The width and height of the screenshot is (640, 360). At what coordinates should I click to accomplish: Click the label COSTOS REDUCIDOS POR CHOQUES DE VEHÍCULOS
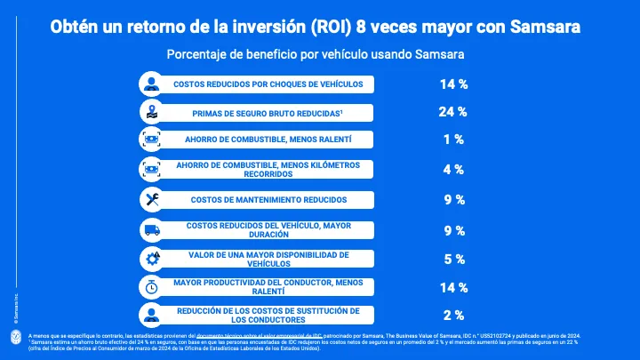pyautogui.click(x=268, y=84)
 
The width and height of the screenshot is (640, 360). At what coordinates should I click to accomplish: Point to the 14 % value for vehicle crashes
pyautogui.click(x=453, y=84)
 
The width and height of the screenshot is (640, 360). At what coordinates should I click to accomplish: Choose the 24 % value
pyautogui.click(x=453, y=112)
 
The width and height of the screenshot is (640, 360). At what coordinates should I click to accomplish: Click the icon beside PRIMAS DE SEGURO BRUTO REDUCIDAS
pyautogui.click(x=152, y=112)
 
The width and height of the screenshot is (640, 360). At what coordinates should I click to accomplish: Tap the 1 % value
pyautogui.click(x=453, y=140)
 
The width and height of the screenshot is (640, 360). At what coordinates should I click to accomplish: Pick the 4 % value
pyautogui.click(x=453, y=170)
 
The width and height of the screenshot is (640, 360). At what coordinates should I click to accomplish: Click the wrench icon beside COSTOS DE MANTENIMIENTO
pyautogui.click(x=152, y=199)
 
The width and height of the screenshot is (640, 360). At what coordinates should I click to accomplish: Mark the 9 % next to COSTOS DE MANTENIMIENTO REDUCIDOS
pyautogui.click(x=453, y=200)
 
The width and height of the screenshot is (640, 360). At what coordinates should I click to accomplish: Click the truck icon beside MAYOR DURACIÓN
pyautogui.click(x=152, y=230)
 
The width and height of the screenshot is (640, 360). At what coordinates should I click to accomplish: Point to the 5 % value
pyautogui.click(x=453, y=260)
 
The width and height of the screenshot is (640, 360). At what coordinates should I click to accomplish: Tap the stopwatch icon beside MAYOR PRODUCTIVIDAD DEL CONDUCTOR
pyautogui.click(x=152, y=287)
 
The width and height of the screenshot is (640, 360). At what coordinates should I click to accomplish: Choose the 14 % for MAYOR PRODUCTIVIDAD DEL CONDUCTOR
pyautogui.click(x=453, y=287)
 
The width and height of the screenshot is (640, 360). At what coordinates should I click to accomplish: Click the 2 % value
pyautogui.click(x=453, y=316)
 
